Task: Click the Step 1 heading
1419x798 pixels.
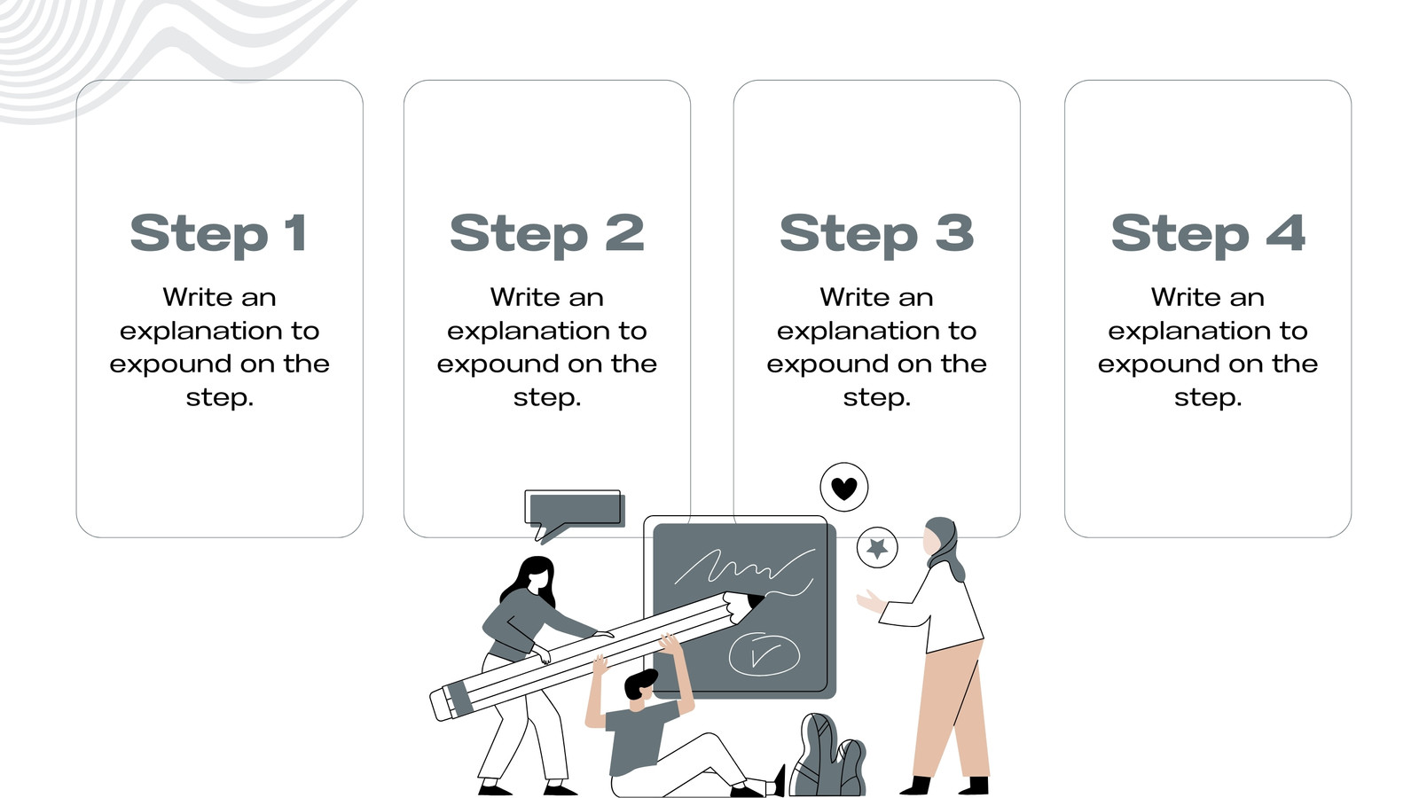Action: coord(219,234)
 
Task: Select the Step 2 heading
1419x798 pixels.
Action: coord(546,234)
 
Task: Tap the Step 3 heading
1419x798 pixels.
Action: coord(877,234)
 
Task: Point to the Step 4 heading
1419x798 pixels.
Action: coord(1208,234)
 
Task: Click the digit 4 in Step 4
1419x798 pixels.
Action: coord(1286,232)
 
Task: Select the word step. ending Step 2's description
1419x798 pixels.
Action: coord(546,398)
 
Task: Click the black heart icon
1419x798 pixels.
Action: coord(843,489)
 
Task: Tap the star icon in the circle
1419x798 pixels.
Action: coord(877,548)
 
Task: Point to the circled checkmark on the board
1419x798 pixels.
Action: coord(764,653)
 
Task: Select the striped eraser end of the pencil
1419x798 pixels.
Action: coord(451,701)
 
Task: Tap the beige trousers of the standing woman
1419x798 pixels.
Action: coord(950,710)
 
